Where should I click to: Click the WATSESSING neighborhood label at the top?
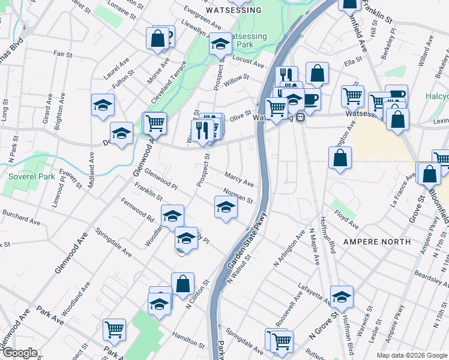(234, 11)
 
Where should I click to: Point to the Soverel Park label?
(31, 177)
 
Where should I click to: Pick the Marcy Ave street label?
(239, 179)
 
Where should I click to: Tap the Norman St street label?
(238, 195)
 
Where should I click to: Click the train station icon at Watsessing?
(299, 118)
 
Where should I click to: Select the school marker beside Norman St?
(226, 208)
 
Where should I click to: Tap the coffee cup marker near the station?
(310, 98)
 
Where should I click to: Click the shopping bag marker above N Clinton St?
(182, 283)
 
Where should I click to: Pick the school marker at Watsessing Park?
(220, 44)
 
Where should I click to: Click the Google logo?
(19, 353)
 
